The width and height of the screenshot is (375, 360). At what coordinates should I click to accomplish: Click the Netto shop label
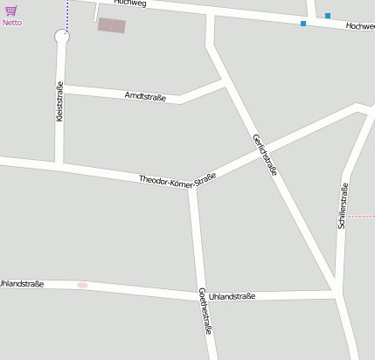(x=12, y=23)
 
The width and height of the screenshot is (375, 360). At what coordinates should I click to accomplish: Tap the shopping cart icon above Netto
(x=11, y=10)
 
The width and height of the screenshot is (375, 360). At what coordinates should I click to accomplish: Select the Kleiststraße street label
(x=59, y=100)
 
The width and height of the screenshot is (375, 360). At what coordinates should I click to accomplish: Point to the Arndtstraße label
(x=145, y=94)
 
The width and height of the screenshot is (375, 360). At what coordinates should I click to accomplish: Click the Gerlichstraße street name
(x=264, y=155)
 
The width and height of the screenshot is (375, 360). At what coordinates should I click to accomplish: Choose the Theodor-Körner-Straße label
(x=177, y=179)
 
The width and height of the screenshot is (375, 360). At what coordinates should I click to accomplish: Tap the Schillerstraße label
(x=343, y=205)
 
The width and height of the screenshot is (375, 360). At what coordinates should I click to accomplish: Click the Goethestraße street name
(x=205, y=310)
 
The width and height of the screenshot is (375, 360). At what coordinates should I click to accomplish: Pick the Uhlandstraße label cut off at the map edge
(x=22, y=283)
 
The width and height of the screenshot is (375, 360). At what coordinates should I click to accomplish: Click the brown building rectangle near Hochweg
(x=111, y=25)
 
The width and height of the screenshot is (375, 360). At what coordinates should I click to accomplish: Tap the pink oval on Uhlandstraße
(x=82, y=285)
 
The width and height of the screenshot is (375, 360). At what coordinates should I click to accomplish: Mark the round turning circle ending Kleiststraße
(x=61, y=37)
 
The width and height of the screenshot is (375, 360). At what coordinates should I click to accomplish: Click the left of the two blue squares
(x=303, y=24)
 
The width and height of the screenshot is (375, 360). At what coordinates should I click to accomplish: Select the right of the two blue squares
(x=328, y=16)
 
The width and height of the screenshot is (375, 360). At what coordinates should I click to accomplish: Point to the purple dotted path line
(x=67, y=16)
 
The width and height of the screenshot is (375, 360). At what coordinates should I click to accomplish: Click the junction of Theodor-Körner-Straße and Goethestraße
(x=193, y=185)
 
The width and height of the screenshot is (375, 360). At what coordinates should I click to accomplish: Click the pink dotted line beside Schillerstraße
(x=362, y=215)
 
